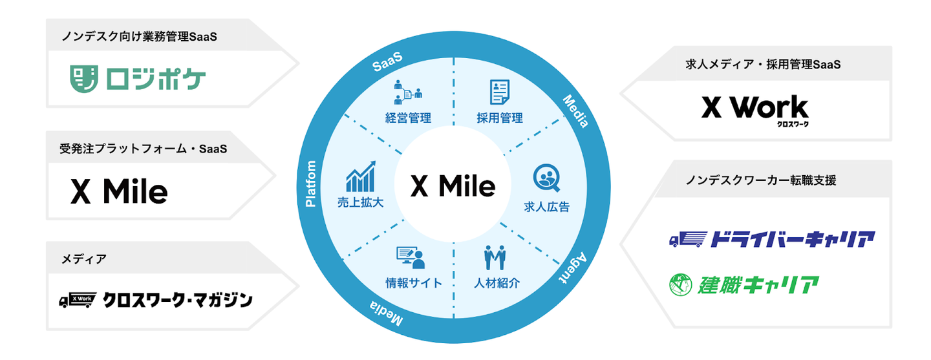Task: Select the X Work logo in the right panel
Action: pos(755,109)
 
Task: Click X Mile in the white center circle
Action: pos(453,187)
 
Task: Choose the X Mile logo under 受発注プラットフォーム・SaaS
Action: pos(119,191)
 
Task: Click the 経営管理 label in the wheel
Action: pos(407,118)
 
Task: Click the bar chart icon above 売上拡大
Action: pos(361,176)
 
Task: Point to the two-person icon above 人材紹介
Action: pos(495,258)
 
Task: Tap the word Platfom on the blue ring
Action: pos(310,184)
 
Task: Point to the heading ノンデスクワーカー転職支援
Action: pos(760,180)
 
